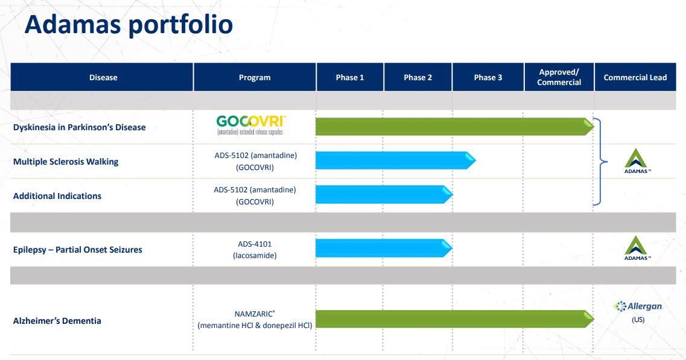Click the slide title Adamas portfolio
pos(129,24)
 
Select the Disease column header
pos(103,77)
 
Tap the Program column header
pos(255,77)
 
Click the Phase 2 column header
pos(418,77)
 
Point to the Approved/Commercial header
pos(559,77)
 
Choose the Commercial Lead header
pos(635,77)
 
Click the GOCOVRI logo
pos(250,125)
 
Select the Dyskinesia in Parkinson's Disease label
pos(79,127)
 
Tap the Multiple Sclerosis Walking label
pos(66,162)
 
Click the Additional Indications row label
pos(57,196)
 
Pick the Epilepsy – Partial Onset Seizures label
pos(77,250)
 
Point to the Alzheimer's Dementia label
pos(57,321)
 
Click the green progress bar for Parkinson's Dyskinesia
pos(454,127)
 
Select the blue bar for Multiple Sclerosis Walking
pos(396,160)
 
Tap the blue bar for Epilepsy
pos(384,248)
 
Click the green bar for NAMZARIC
pos(454,319)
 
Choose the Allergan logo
pos(638,306)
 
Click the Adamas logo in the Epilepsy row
pos(636,248)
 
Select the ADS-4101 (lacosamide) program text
pos(255,250)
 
